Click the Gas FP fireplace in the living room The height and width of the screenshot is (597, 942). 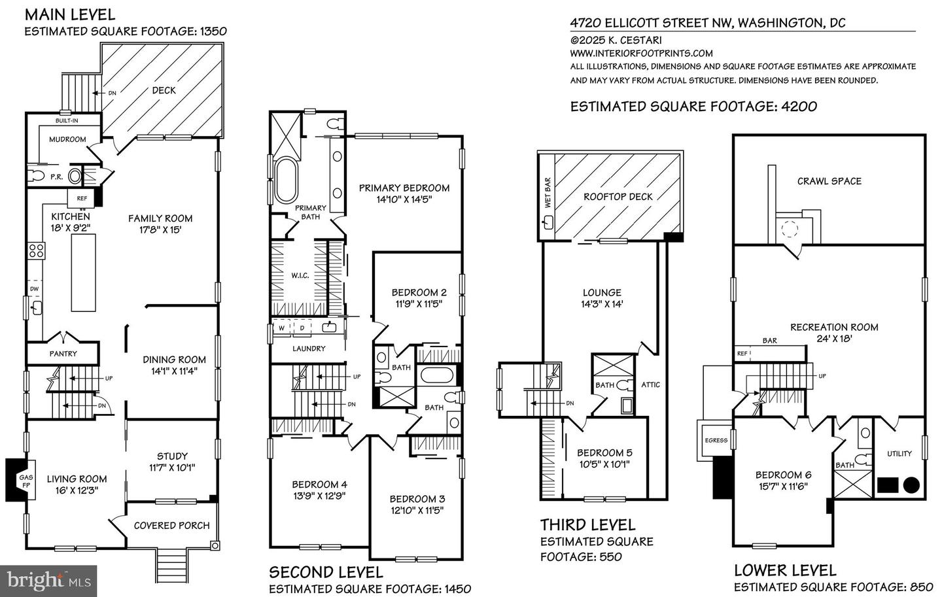click(x=17, y=480)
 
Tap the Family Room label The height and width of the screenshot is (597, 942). click(x=160, y=218)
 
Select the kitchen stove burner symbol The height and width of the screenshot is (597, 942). click(x=35, y=250)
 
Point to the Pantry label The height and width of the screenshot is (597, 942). click(x=63, y=354)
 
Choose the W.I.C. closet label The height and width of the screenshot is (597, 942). click(x=300, y=275)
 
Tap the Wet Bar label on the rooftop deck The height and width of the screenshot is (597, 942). click(x=548, y=193)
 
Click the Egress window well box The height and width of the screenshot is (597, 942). click(x=716, y=440)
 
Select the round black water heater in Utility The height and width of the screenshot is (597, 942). click(x=911, y=485)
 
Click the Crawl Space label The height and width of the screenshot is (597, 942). click(x=829, y=181)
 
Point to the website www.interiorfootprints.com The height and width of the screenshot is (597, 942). click(x=641, y=53)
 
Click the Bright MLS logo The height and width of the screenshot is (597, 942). click(x=48, y=581)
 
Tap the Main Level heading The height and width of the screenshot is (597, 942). click(x=70, y=14)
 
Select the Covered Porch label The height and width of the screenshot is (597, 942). click(x=171, y=525)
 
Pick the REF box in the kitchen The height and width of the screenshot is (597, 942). click(x=82, y=198)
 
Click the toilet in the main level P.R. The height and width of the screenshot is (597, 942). click(x=37, y=176)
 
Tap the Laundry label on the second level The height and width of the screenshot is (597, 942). click(x=309, y=349)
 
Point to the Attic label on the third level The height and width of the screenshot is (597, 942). click(x=650, y=384)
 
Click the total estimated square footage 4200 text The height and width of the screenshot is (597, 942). click(x=693, y=106)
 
